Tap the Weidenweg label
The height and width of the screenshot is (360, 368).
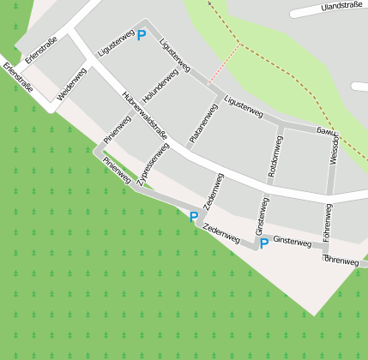pos(72,86)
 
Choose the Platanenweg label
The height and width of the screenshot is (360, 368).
pos(199,123)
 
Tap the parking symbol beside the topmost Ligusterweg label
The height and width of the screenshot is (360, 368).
pos(142,36)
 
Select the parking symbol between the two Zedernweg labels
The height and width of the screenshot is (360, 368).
pos(194,217)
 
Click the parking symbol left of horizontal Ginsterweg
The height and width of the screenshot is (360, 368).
pos(264,244)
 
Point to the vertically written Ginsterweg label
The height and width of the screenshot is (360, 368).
pos(262,218)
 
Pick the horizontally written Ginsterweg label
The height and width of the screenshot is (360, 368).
pos(292,242)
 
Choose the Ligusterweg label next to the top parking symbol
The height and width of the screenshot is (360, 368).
pos(116,43)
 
